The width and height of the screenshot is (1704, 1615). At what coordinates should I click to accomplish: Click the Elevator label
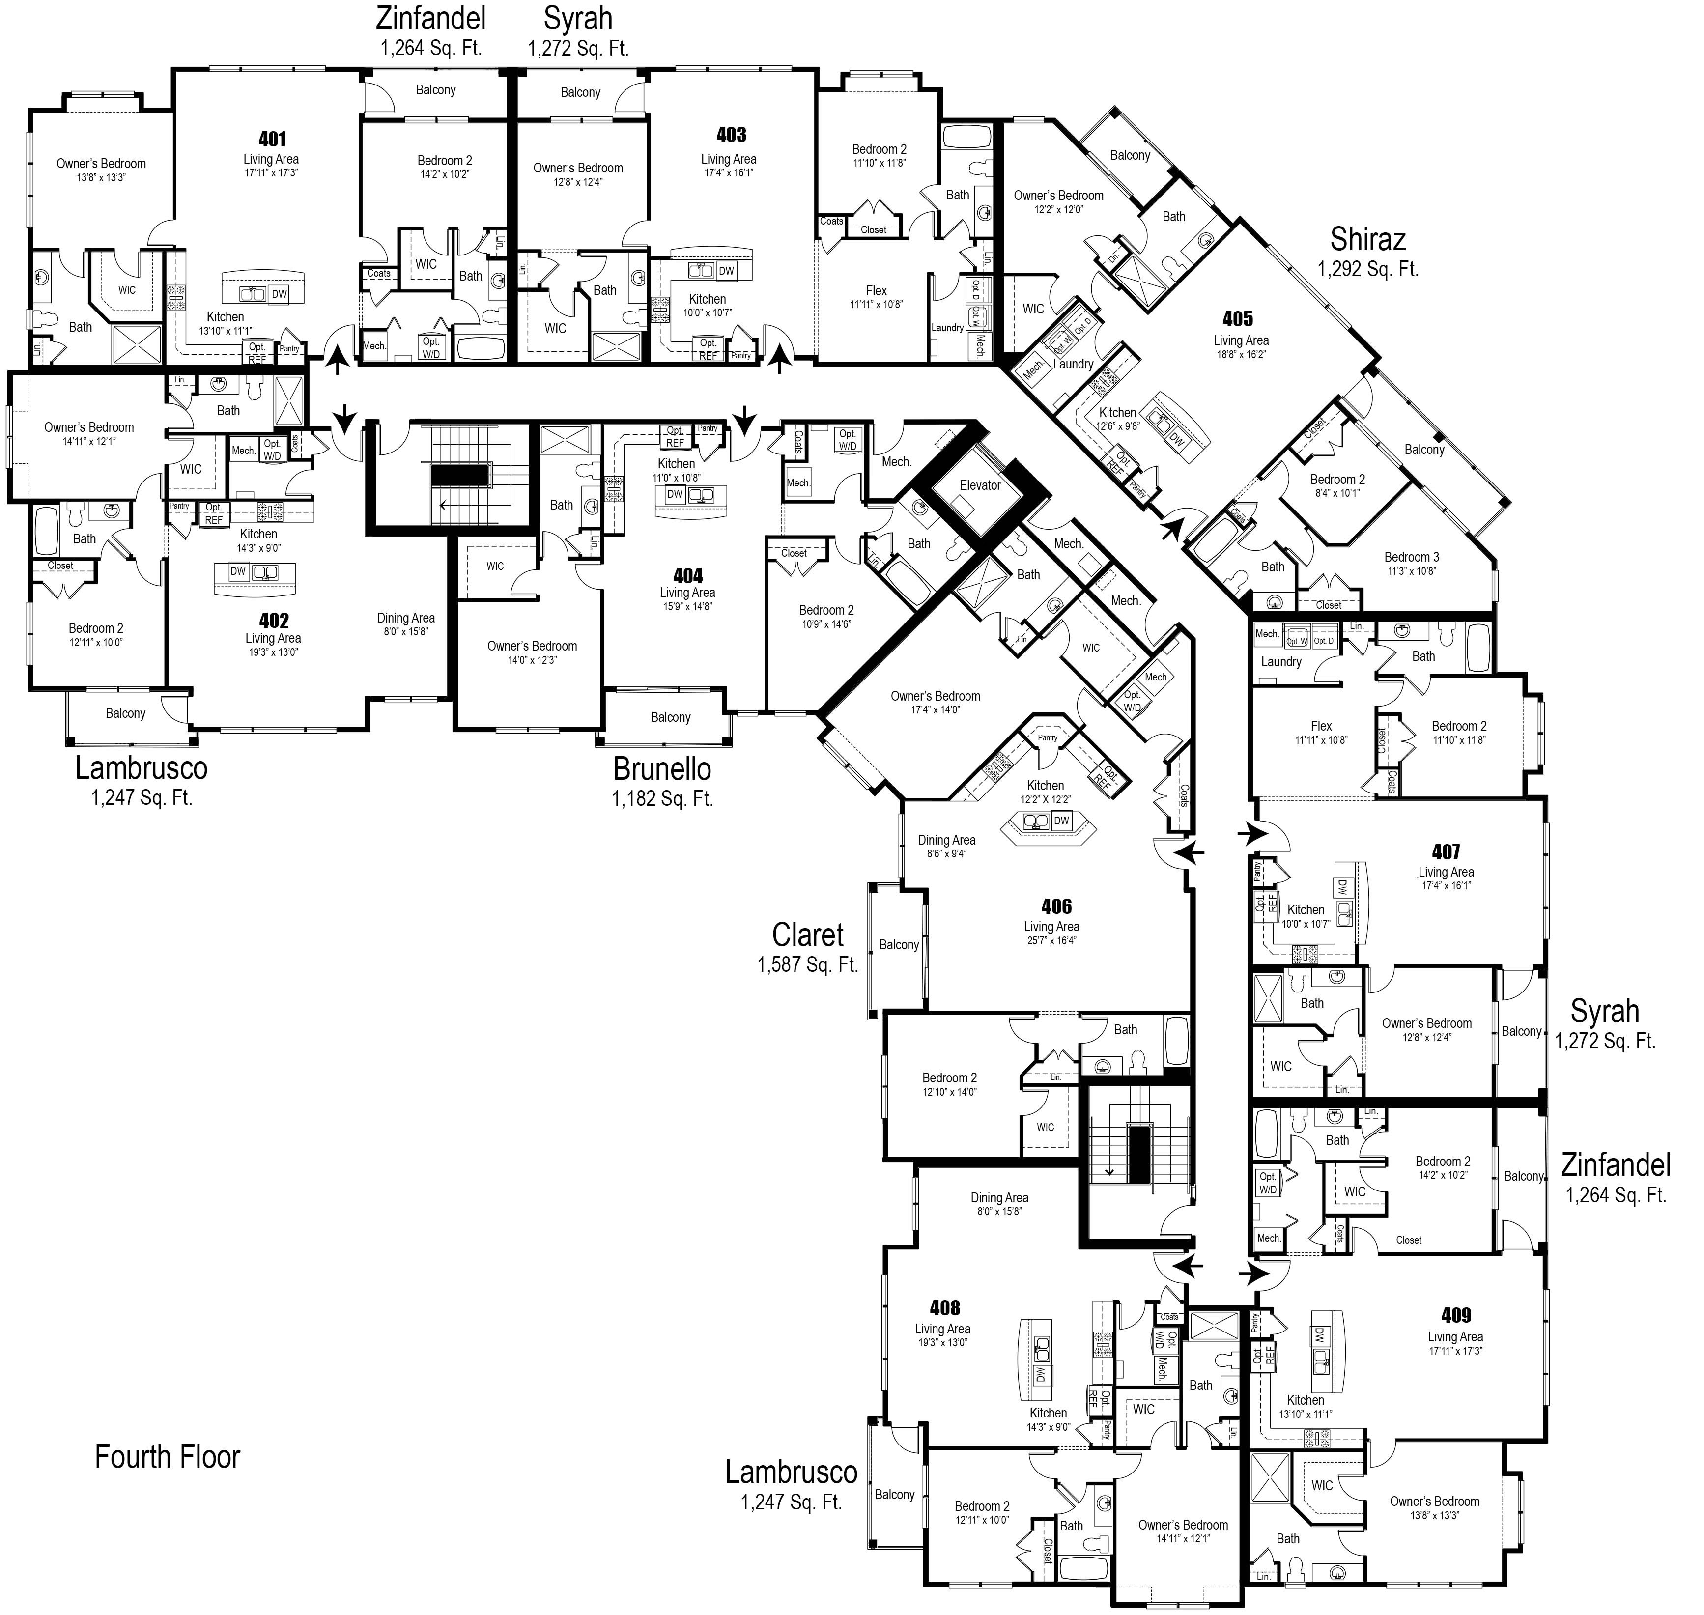980,485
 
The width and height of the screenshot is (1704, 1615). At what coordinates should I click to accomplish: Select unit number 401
272,139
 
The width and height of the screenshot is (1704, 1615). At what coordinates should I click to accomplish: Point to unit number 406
1056,906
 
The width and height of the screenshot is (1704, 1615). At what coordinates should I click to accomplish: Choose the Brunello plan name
662,768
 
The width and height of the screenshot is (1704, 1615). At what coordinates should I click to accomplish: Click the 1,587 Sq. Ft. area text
808,965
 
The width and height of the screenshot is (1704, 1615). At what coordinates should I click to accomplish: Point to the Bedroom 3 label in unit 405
1411,557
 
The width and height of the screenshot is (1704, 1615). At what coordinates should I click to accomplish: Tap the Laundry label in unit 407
1281,662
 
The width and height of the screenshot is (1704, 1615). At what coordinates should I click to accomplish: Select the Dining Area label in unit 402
405,618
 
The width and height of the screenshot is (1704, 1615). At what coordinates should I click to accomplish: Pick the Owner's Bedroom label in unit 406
935,696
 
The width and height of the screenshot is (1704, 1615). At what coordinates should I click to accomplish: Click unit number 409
1455,1315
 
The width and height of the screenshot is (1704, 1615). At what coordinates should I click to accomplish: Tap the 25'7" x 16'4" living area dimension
1051,940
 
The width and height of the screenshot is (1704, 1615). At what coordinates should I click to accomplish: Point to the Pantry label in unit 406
1047,738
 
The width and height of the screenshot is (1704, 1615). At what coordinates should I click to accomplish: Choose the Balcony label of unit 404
671,717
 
